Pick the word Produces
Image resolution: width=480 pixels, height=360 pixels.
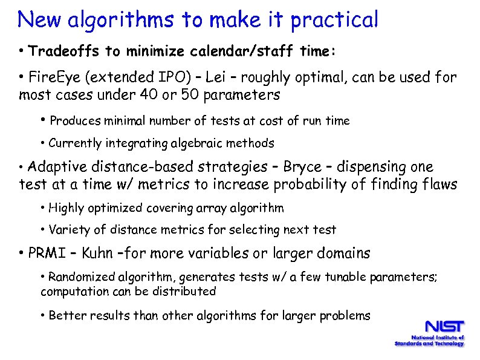pos(75,121)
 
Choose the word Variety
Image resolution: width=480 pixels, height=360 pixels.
pos(68,230)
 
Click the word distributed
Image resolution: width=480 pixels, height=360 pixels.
pos(187,291)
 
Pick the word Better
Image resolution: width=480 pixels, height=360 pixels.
pos(65,315)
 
